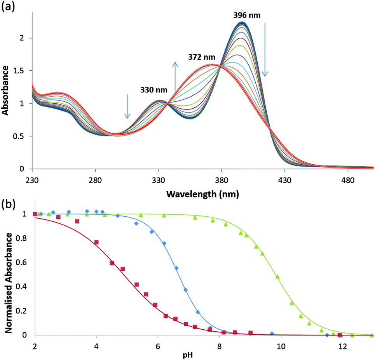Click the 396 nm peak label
[247, 15]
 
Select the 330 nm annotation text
[154, 90]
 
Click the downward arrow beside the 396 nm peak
[265, 49]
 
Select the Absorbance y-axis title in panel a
[6, 90]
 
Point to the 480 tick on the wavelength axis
[348, 180]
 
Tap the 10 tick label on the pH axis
[281, 346]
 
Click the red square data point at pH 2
[35, 214]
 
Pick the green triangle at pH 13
[372, 335]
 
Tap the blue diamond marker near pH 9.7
[272, 334]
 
